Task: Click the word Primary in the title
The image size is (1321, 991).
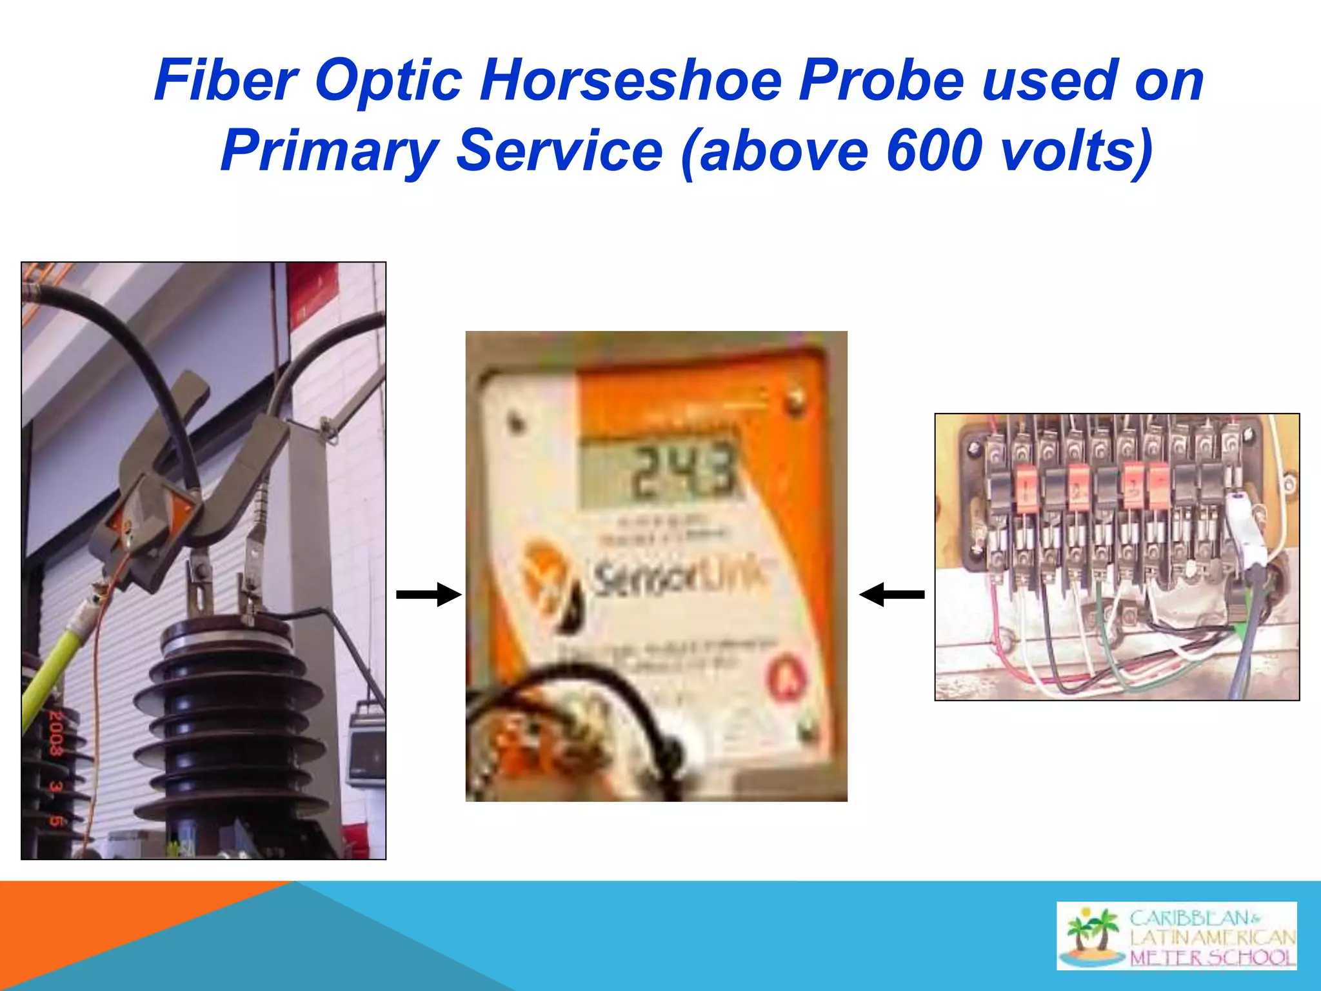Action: pos(329,152)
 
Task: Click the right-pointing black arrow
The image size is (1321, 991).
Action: pos(428,594)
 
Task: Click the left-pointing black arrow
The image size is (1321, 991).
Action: pos(891,594)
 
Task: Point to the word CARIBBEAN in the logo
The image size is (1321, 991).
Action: pos(1190,917)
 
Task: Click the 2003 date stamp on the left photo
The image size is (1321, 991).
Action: pos(56,732)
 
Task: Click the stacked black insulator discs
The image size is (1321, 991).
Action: pos(229,716)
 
